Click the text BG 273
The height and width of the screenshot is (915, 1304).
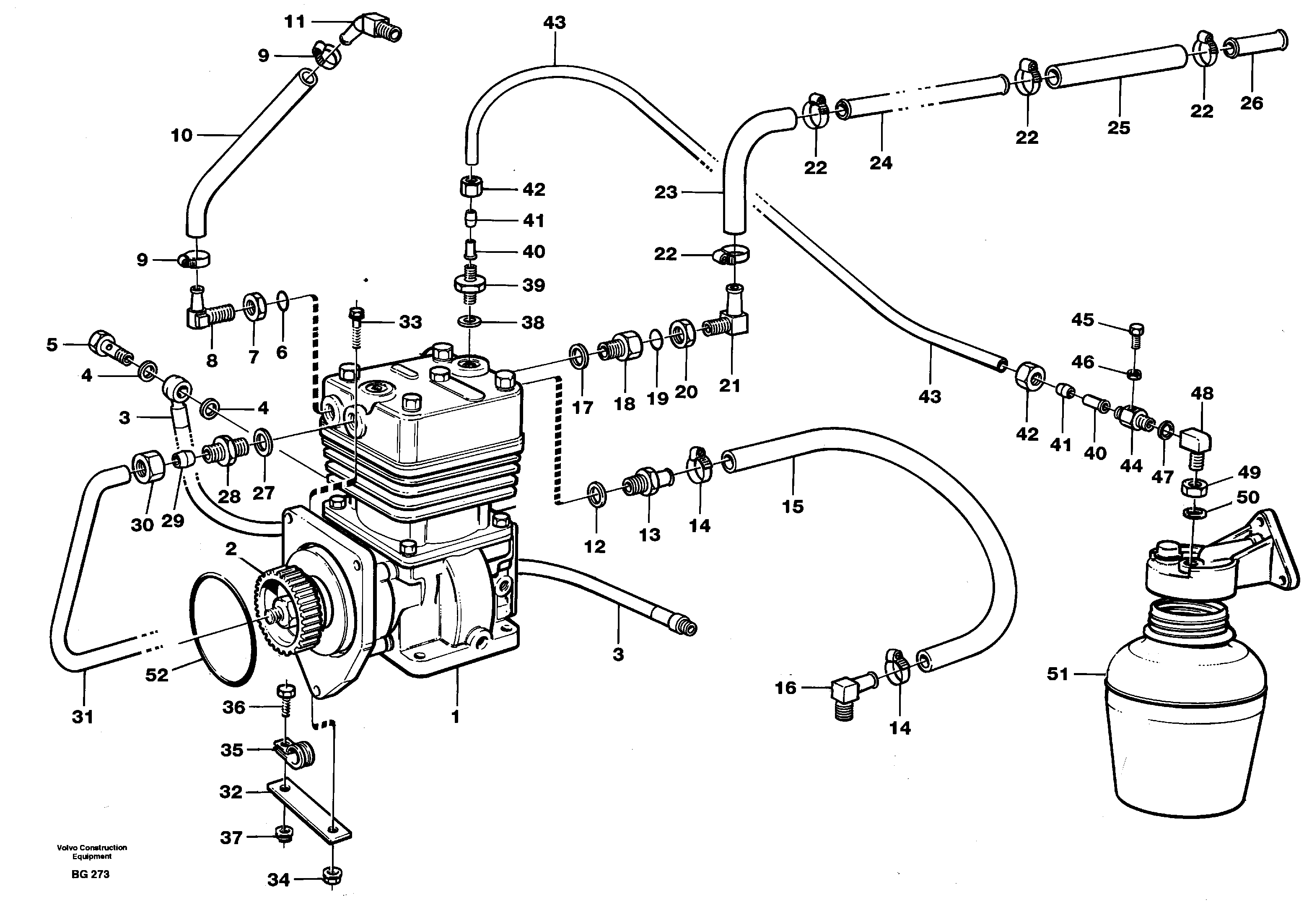[x=90, y=874]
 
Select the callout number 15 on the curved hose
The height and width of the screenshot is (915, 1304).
[x=793, y=506]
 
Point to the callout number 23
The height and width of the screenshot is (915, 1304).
[x=666, y=192]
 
